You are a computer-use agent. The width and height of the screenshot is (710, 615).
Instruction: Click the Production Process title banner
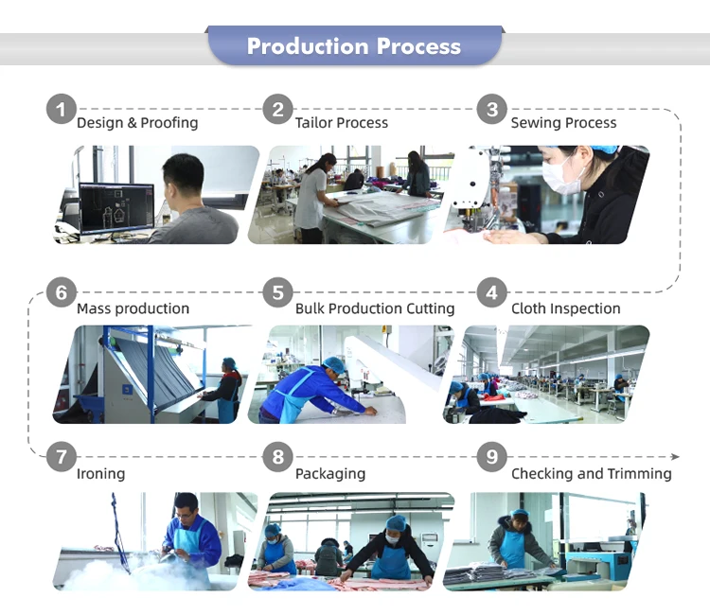point(355,45)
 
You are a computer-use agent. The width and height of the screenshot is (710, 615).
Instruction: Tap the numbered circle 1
point(62,109)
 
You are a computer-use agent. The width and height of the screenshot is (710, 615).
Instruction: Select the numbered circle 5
point(278,292)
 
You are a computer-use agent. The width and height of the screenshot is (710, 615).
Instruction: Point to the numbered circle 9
point(491,457)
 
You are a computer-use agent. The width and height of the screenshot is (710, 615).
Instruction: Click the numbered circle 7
point(62,457)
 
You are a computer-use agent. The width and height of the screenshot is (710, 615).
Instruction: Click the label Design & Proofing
point(137,123)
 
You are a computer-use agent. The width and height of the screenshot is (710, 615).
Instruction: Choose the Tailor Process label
point(342,123)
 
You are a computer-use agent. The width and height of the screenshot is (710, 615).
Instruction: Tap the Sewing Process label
point(564,123)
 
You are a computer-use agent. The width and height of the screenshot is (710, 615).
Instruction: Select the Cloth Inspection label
point(565,308)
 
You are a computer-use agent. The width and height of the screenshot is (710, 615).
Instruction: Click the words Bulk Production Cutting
point(375,308)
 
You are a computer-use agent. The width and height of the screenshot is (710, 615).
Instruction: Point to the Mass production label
point(133,308)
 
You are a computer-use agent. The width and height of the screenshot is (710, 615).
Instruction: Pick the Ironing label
point(100,473)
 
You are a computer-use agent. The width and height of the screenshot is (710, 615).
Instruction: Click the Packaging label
point(330,473)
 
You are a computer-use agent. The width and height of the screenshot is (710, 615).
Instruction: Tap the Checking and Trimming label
point(592,473)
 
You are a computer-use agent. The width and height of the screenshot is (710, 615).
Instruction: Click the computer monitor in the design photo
point(116,207)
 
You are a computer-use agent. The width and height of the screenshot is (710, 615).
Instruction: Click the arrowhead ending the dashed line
point(675,457)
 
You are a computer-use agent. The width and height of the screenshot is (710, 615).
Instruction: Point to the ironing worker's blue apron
point(192,549)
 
